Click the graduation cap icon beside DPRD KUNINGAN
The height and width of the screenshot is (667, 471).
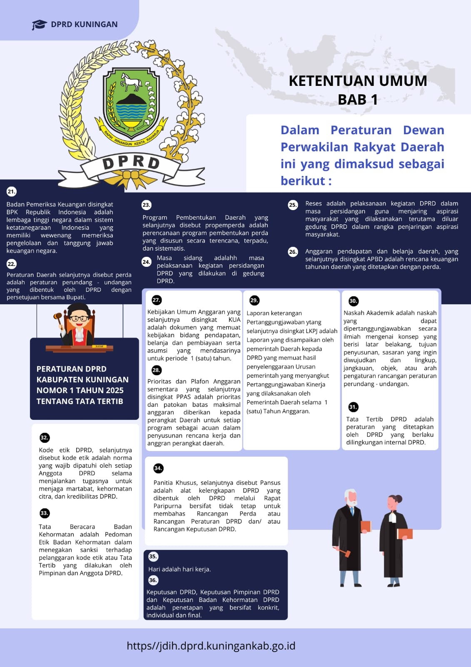[x=39, y=25]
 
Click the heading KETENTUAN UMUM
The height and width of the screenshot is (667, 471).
[x=358, y=81]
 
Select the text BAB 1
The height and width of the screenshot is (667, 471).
[x=358, y=100]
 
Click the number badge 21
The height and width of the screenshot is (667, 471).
[x=11, y=192]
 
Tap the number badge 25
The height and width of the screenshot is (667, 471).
[x=293, y=205]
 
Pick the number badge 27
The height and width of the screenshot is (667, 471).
[x=156, y=300]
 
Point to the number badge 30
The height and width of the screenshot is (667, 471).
[x=353, y=301]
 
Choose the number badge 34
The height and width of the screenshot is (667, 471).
[x=158, y=468]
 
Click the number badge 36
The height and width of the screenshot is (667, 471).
[x=153, y=580]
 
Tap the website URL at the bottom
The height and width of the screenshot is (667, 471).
[x=211, y=646]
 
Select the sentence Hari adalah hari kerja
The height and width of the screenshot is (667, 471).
[x=179, y=569]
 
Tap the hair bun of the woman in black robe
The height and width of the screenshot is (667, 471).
[x=399, y=498]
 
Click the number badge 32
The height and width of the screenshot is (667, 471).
[x=45, y=437]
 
